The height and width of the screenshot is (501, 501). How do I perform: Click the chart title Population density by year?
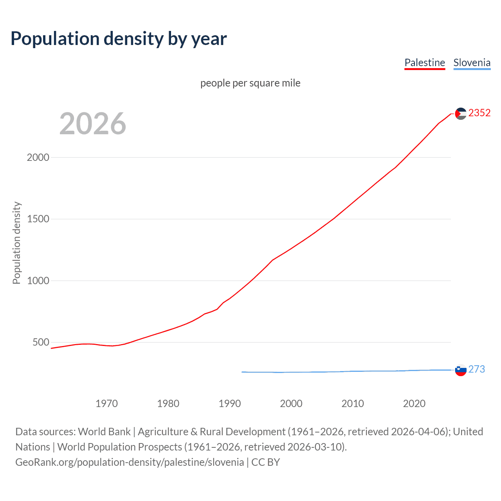[x=119, y=39]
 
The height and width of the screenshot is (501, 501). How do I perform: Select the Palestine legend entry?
[x=425, y=63]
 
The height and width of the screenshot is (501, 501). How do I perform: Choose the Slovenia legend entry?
[x=472, y=63]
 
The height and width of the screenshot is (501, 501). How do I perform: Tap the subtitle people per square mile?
[x=250, y=83]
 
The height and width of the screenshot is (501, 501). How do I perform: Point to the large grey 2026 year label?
[x=93, y=124]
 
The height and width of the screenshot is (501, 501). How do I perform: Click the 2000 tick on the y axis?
[x=38, y=157]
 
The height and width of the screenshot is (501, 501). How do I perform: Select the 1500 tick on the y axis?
[x=38, y=219]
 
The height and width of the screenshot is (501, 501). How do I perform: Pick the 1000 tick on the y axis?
[x=38, y=281]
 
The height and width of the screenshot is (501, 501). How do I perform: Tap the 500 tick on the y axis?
[x=41, y=342]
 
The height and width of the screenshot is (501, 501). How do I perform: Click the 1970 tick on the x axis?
[x=106, y=404]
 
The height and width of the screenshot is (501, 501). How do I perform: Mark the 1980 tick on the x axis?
[x=168, y=404]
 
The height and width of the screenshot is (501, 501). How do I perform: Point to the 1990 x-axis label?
[x=230, y=404]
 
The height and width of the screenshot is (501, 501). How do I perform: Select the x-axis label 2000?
[x=291, y=404]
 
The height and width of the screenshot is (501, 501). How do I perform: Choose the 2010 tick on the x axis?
[x=353, y=404]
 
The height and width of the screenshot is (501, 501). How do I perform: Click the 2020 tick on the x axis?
[x=414, y=404]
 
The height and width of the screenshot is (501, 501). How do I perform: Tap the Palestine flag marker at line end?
[x=461, y=114]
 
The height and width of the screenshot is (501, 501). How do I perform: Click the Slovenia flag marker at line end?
[x=461, y=370]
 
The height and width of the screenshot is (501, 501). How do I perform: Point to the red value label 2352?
[x=479, y=113]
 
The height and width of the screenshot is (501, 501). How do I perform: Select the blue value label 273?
[x=476, y=369]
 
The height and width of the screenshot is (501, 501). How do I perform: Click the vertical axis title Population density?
[x=16, y=243]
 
